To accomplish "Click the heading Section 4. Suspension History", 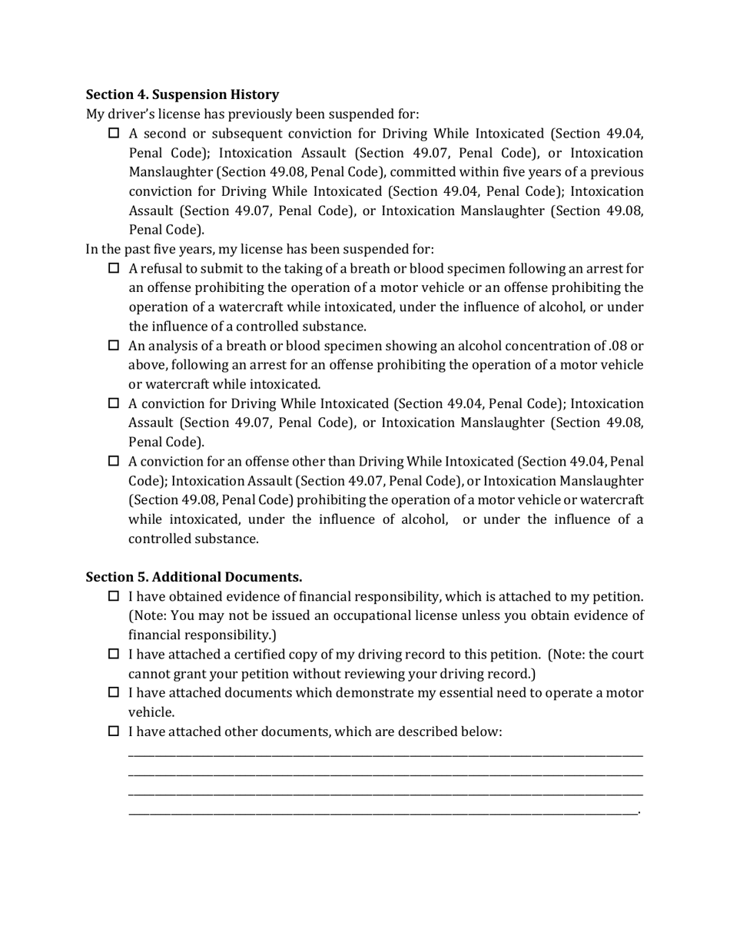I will (182, 94).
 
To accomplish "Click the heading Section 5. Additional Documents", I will (194, 576).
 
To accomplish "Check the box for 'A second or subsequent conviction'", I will (114, 134).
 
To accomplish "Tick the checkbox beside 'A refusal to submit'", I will (114, 268).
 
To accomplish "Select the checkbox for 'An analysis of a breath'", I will (114, 346).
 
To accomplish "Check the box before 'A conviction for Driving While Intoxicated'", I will (114, 403).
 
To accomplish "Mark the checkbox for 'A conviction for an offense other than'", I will (114, 461).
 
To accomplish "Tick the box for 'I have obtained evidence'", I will (114, 596).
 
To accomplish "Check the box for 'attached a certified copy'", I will (114, 654).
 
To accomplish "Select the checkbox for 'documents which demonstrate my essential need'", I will (114, 692).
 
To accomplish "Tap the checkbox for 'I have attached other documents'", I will (114, 731).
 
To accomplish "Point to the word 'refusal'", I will (162, 269).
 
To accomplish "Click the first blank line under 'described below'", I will (385, 756).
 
